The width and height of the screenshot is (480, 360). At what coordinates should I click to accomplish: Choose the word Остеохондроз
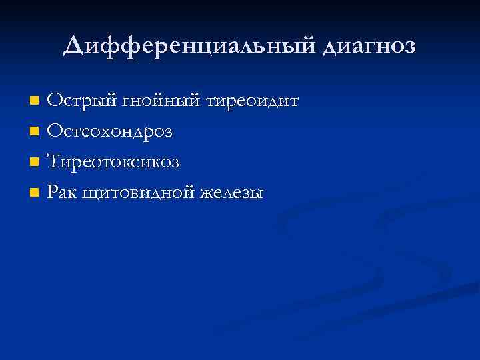pos(110,131)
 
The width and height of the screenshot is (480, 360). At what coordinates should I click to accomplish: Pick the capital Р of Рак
pos(53,193)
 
